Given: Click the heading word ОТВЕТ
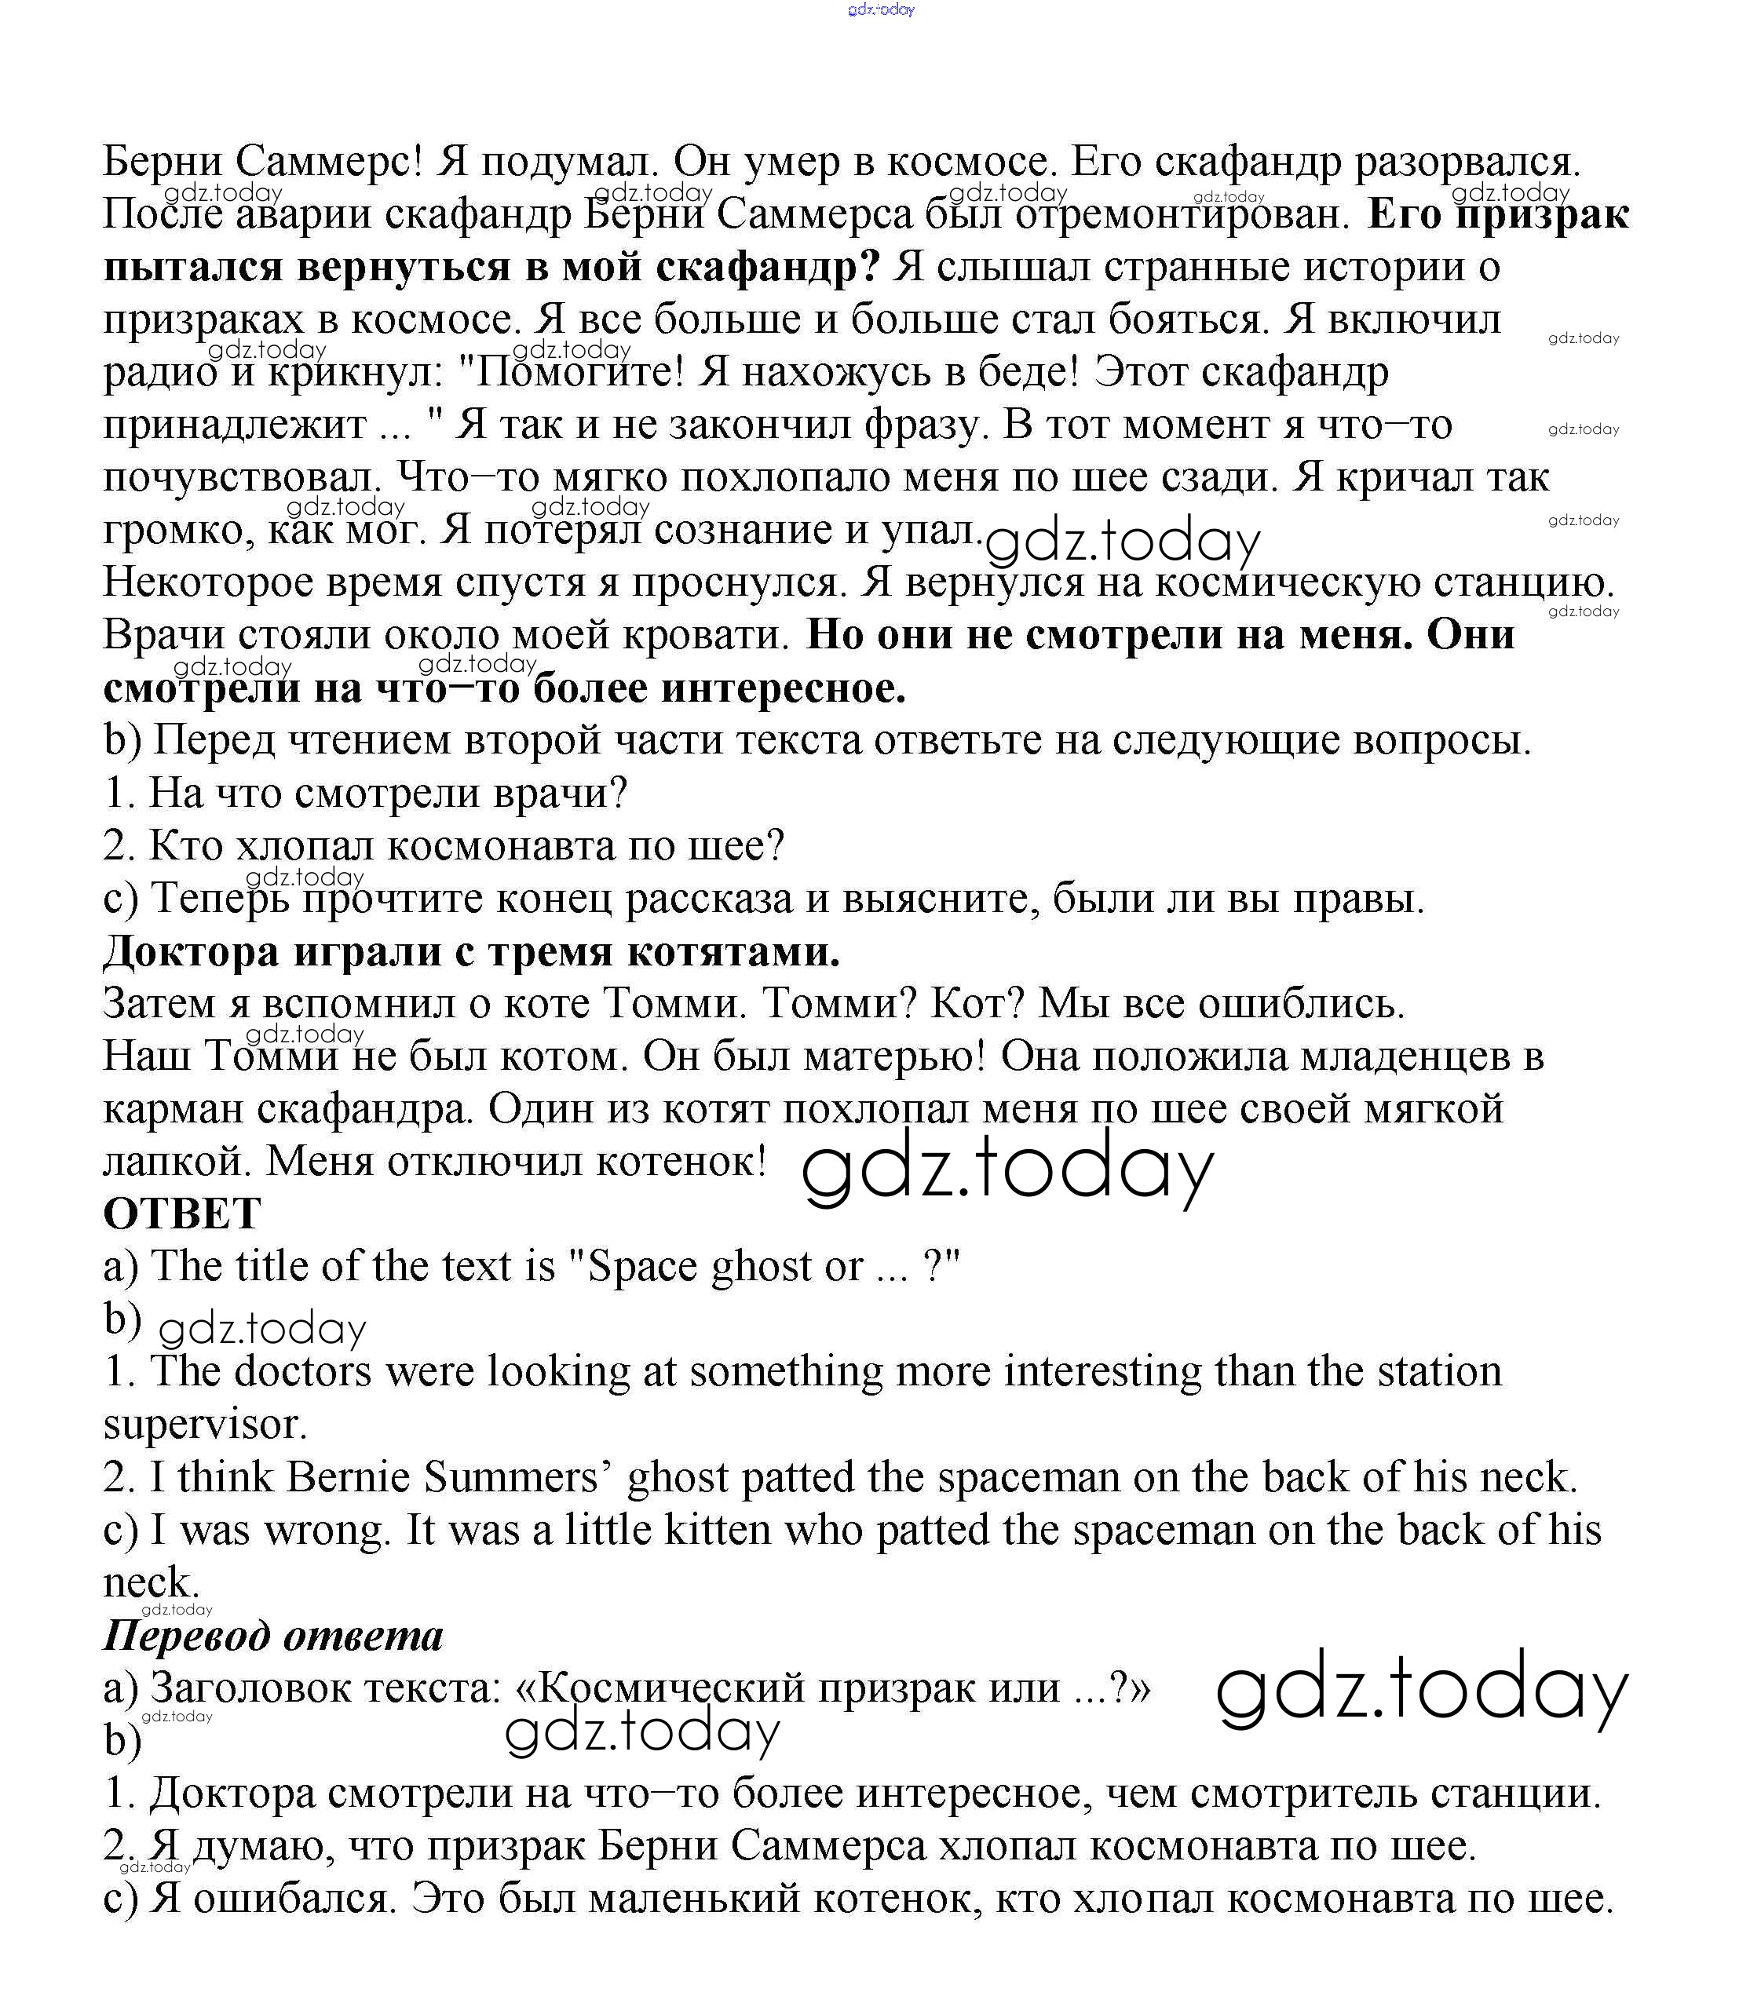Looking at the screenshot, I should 181,1214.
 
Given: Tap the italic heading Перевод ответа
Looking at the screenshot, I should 273,1637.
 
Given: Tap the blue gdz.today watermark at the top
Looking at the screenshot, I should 881,10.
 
